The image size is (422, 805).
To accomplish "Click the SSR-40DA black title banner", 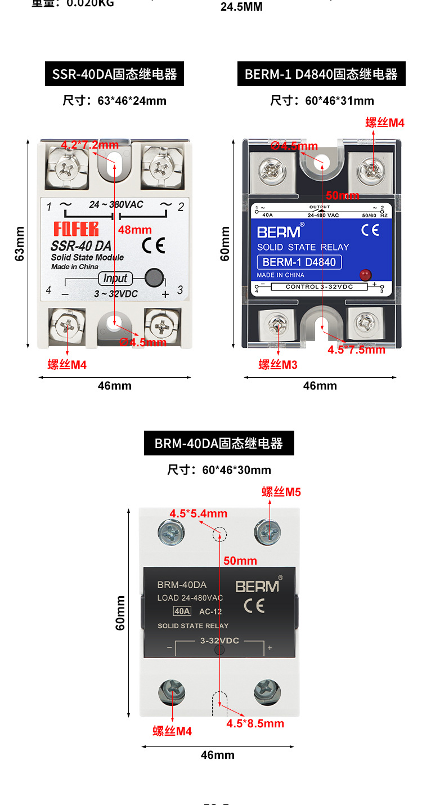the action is point(114,74).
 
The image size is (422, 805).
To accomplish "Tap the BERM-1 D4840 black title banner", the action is point(321,74).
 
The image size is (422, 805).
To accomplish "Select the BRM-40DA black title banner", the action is point(219,444).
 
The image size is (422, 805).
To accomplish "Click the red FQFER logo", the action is point(76,229).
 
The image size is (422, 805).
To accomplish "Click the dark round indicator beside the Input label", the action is point(154,278).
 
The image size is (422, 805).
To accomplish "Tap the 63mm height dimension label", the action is point(20,244).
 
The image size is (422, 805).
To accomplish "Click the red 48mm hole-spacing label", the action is point(135,230).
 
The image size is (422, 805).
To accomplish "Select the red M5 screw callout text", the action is point(281,492).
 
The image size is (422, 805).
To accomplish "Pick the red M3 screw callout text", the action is point(278,365).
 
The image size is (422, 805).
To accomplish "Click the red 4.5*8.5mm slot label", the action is point(255,723).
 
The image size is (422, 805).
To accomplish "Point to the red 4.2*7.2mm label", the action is point(89,145).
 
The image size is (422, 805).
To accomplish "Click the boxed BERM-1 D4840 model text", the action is point(299,262).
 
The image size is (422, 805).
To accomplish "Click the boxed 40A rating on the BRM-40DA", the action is point(182,611).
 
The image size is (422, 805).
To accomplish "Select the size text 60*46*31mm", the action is point(322,101).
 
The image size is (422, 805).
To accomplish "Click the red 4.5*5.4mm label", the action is point(199,513).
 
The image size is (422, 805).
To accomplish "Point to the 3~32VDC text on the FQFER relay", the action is point(115,294).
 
